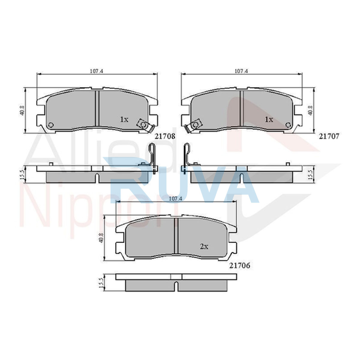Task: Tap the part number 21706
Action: point(240,265)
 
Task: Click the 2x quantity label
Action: point(204,247)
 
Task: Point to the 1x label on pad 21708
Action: point(124,119)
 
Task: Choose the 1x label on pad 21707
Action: point(269,119)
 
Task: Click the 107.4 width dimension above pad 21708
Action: point(97,71)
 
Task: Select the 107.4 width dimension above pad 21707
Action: point(241,71)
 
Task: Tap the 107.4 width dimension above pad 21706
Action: point(175,199)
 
